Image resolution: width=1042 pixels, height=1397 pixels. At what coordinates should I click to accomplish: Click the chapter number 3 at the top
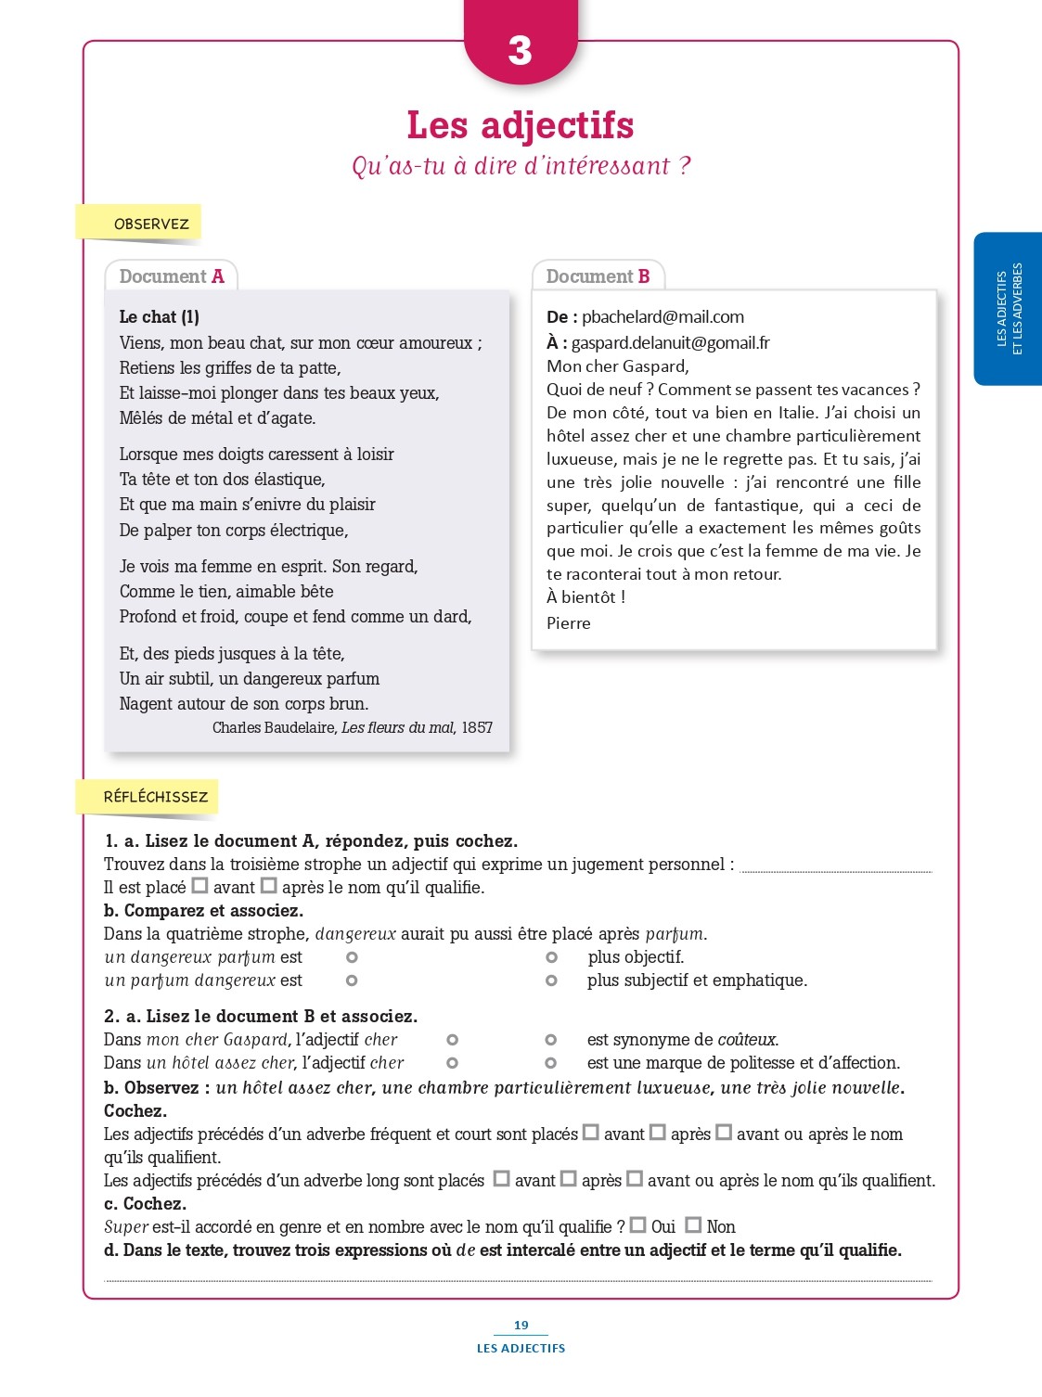520,50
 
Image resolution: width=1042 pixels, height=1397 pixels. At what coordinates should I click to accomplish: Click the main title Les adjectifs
520,125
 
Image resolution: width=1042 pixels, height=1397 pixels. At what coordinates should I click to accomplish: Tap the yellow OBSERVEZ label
150,224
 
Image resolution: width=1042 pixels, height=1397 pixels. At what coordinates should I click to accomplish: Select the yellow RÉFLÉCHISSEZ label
155,797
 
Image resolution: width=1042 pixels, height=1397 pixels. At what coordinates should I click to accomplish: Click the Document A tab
172,276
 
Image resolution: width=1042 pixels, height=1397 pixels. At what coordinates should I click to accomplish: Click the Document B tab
598,276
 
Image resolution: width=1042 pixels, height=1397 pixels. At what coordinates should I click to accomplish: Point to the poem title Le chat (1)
159,317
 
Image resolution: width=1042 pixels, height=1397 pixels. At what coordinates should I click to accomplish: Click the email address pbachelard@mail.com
663,317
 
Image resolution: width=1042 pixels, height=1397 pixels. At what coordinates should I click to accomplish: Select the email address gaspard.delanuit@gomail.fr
670,343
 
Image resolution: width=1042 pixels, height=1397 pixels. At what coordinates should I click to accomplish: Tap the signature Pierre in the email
568,623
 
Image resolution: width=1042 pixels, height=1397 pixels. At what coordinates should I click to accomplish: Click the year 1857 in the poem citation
477,728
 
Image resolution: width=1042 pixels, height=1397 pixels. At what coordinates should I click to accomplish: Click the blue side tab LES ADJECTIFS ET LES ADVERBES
1009,309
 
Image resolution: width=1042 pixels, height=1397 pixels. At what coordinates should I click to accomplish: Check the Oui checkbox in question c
638,1225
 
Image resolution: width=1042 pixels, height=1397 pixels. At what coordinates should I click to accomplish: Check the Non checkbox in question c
693,1225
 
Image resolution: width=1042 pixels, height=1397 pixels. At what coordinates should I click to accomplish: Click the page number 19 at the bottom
521,1326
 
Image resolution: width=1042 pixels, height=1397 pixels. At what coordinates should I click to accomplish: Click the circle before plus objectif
551,957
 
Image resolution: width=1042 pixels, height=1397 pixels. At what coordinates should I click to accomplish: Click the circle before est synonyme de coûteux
550,1040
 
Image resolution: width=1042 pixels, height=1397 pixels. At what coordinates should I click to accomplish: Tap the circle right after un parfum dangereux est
352,980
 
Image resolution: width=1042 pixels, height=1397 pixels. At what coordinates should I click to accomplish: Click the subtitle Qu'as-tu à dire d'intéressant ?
521,166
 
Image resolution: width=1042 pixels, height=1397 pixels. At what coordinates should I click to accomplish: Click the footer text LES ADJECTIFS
521,1349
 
